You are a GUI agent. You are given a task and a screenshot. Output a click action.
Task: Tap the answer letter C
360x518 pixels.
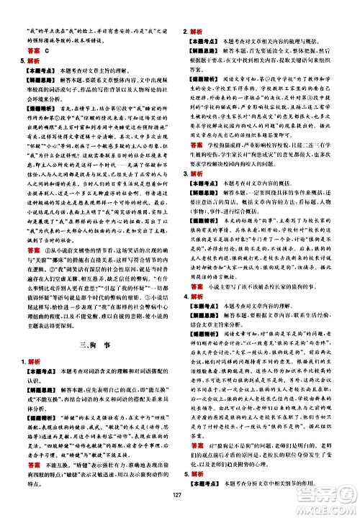(x=48, y=51)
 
